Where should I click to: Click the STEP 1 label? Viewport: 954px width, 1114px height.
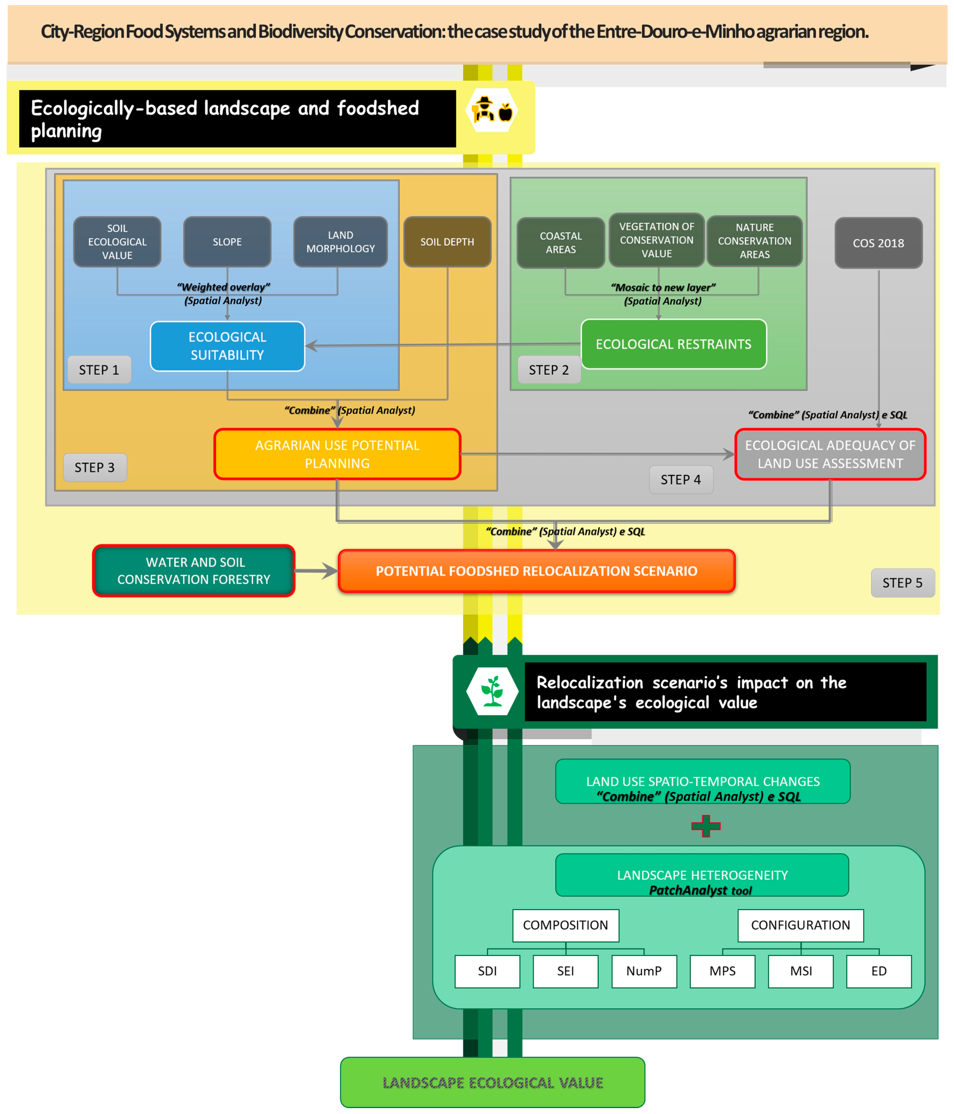coord(99,370)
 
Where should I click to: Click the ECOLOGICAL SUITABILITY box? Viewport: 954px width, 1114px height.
coord(227,346)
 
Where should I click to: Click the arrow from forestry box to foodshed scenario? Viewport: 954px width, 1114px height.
coord(316,571)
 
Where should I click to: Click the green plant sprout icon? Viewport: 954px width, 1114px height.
coord(492,692)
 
